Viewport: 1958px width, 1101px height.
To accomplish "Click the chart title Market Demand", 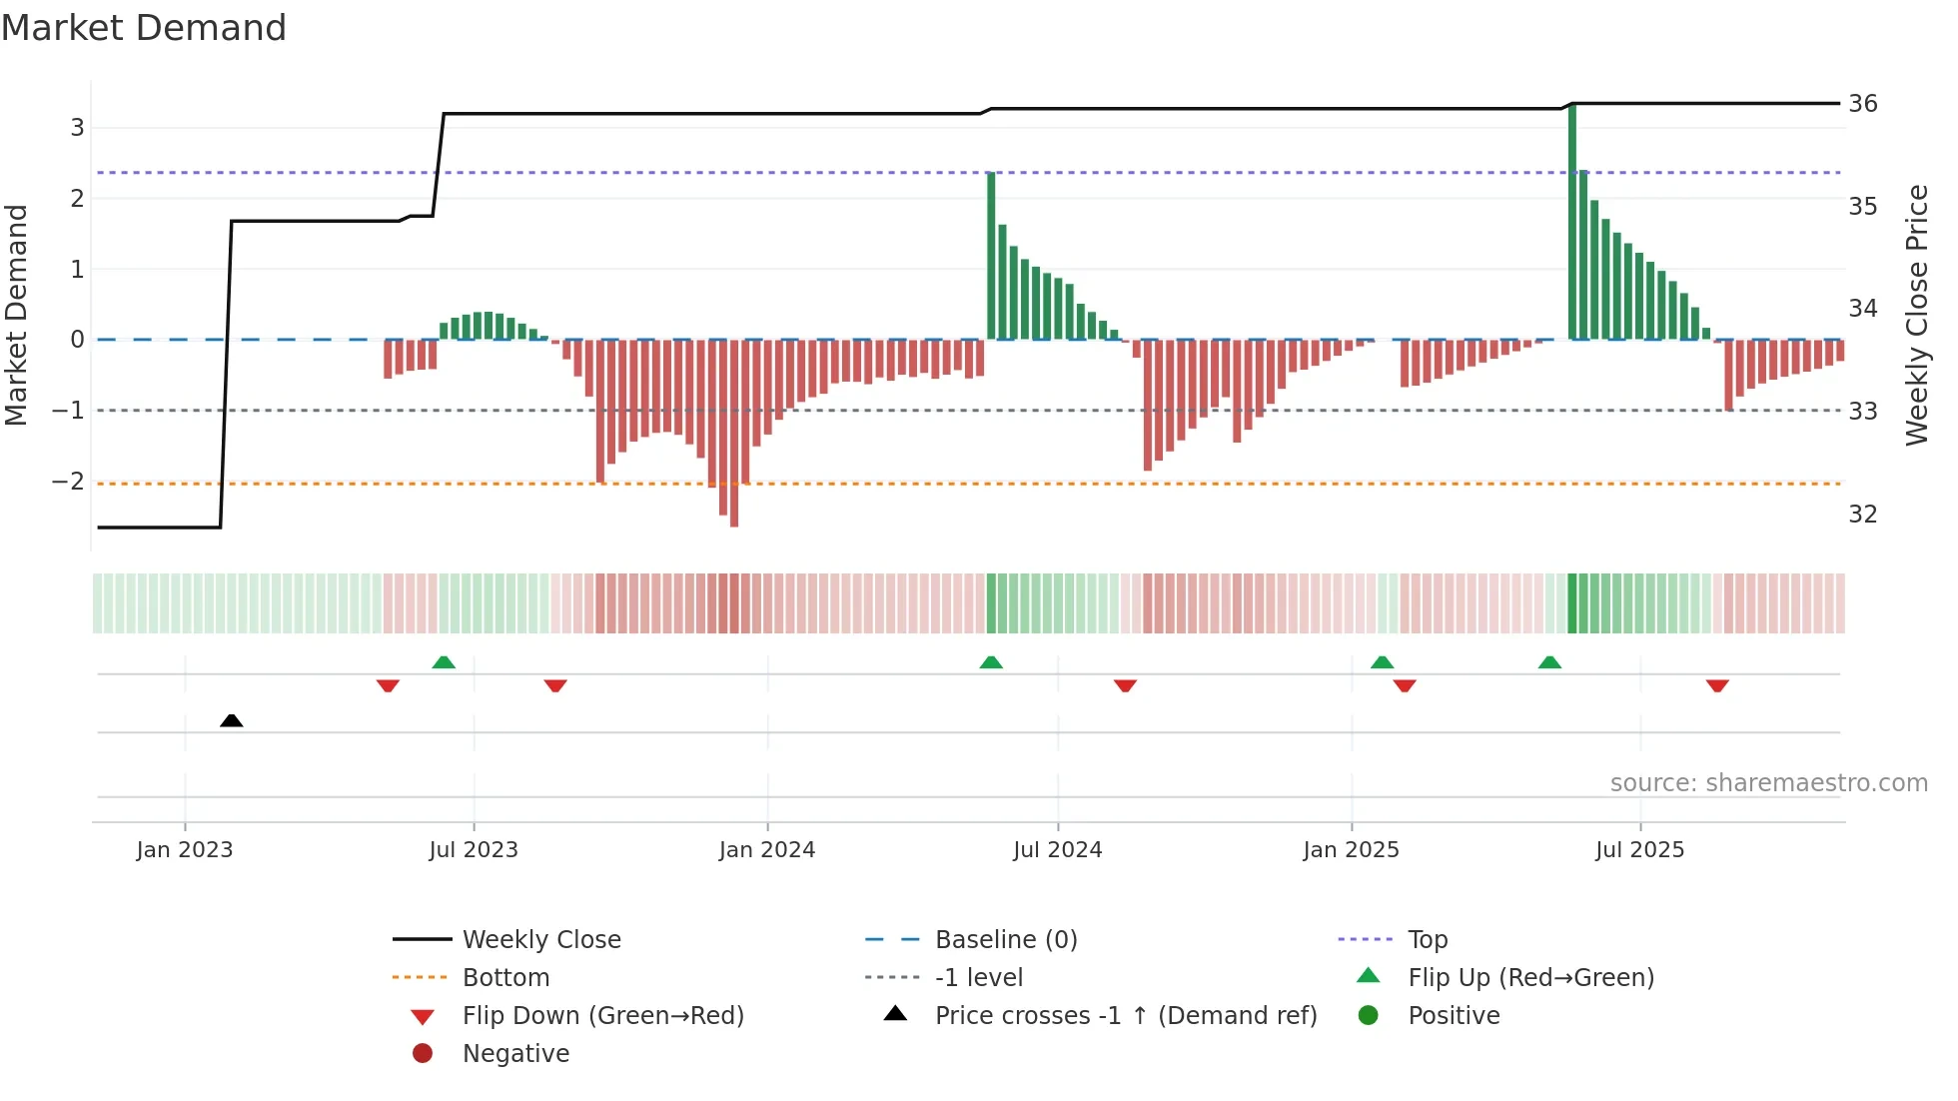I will coord(144,28).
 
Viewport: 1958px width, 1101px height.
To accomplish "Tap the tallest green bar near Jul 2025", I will coord(1572,220).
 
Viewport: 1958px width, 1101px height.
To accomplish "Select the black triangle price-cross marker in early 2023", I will coord(231,720).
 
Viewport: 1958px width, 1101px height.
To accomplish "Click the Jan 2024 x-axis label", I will coord(766,849).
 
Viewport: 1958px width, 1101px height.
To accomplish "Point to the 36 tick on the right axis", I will coord(1862,104).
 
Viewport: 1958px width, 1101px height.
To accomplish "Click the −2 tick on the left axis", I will coord(68,481).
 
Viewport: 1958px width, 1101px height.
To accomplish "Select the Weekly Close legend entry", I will coord(540,939).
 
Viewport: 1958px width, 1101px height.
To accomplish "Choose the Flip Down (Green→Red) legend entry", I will coord(602,1015).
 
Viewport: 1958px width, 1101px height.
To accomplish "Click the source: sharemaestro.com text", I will coord(1768,782).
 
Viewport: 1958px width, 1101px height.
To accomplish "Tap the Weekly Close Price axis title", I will coord(1916,315).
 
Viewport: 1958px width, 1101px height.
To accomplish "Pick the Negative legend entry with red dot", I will coord(514,1053).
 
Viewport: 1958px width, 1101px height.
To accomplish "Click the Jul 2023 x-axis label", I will coord(474,849).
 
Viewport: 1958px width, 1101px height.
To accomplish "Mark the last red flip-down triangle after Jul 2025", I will coord(1717,685).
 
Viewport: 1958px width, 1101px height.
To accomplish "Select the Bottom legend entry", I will coord(505,977).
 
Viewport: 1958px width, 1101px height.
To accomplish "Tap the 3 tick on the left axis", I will coord(77,127).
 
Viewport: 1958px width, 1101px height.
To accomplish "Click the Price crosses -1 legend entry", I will coord(1125,1015).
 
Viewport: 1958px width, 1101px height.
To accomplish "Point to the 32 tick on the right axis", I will coord(1862,514).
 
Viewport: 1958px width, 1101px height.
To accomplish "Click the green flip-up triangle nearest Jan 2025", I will coord(1382,662).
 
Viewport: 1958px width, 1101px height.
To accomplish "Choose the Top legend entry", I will coord(1427,939).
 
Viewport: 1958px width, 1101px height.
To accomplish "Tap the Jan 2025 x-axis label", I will coord(1351,849).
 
